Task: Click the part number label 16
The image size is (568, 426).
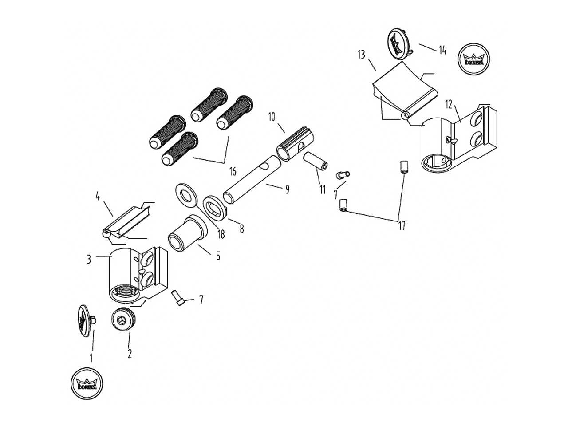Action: coord(233,171)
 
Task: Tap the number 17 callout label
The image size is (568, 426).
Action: coord(402,226)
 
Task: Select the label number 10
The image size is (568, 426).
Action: coord(272,117)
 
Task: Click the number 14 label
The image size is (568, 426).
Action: coord(442,50)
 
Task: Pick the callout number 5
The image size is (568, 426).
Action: coord(218,256)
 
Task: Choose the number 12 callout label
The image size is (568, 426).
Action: coord(449,105)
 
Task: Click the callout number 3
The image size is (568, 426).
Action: coord(89,260)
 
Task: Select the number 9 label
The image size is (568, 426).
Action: coord(287,189)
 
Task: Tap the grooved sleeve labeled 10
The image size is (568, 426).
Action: coord(295,145)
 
